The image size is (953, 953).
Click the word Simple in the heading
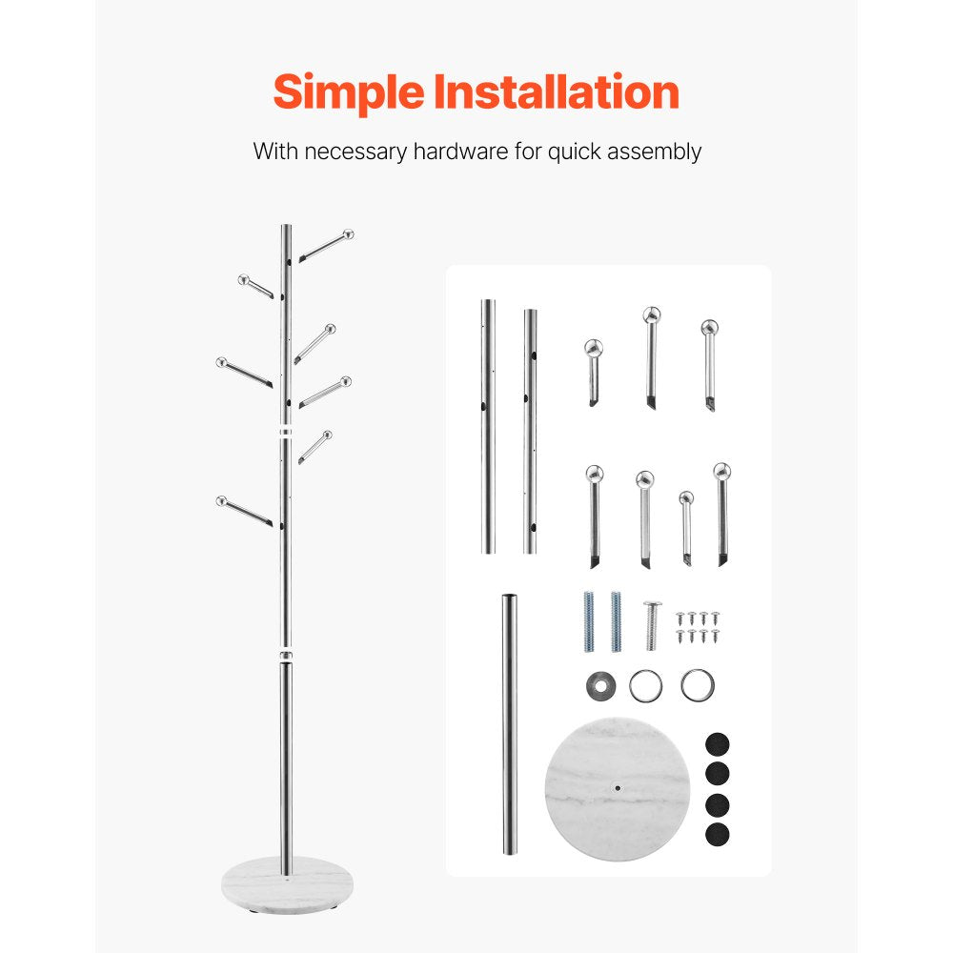pos(347,93)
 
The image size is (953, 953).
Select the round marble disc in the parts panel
pos(617,790)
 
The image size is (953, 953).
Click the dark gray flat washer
pos(599,683)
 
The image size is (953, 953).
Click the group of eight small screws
pos(698,626)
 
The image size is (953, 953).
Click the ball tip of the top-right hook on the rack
pos(349,233)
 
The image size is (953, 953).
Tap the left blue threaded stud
pos(589,621)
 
